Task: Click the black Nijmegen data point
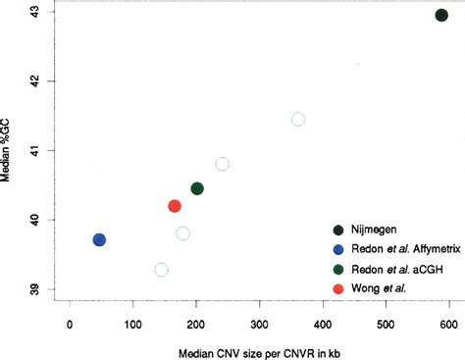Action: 441,15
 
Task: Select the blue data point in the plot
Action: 99,239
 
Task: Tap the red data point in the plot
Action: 175,206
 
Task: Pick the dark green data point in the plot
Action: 197,188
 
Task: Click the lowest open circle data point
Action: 161,270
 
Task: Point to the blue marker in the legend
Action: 337,249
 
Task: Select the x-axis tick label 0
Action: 70,325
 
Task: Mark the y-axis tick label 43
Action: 32,12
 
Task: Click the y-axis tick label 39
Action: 32,290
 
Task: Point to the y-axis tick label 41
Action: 32,151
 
